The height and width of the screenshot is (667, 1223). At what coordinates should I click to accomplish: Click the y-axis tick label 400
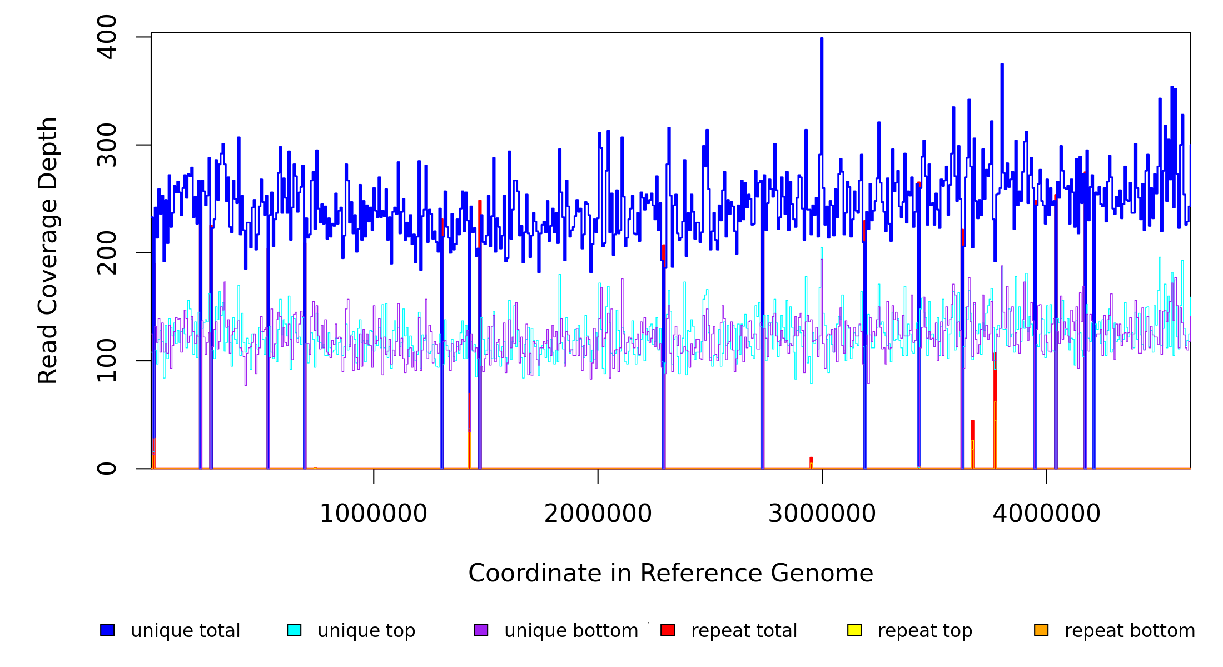click(107, 37)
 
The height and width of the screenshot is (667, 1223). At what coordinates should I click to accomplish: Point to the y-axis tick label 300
click(107, 145)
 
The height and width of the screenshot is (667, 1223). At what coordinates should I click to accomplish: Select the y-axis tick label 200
click(107, 253)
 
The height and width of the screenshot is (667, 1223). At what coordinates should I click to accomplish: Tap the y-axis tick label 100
click(107, 361)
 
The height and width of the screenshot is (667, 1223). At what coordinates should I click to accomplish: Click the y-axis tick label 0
click(107, 469)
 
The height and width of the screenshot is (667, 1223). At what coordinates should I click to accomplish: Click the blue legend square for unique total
click(107, 630)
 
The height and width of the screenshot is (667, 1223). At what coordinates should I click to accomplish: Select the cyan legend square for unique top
click(294, 630)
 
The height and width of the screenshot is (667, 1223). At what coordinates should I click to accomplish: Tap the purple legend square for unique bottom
click(481, 630)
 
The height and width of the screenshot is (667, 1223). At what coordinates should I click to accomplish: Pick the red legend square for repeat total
click(668, 630)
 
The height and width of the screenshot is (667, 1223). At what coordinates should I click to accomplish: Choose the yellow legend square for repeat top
click(854, 630)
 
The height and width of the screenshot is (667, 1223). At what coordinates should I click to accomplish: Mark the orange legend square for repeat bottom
click(1041, 630)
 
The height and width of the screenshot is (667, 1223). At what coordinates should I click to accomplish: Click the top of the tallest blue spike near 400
click(822, 39)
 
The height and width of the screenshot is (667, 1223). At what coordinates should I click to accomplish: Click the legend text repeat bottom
click(1130, 631)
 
